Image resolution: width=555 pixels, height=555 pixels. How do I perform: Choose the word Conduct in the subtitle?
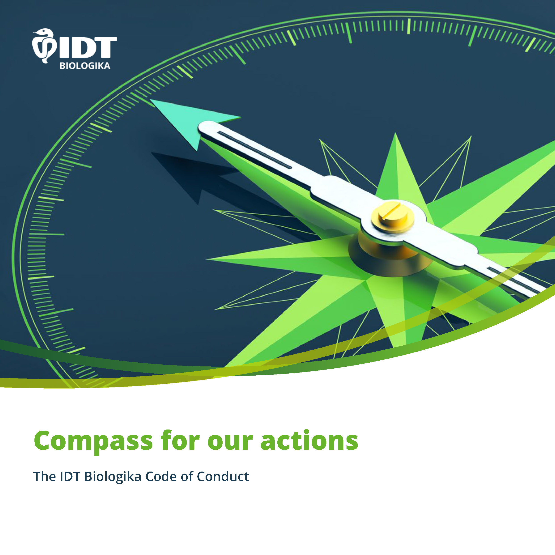pos(223,476)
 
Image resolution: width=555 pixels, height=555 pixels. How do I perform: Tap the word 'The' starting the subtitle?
pos(45,476)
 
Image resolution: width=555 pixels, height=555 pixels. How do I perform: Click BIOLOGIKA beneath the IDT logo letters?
pos(85,66)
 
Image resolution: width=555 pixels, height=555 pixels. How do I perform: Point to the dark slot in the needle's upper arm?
pos(255,150)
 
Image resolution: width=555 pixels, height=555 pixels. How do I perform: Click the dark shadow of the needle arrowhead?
pos(195,175)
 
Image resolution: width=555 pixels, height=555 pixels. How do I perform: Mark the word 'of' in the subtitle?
pos(187,476)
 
